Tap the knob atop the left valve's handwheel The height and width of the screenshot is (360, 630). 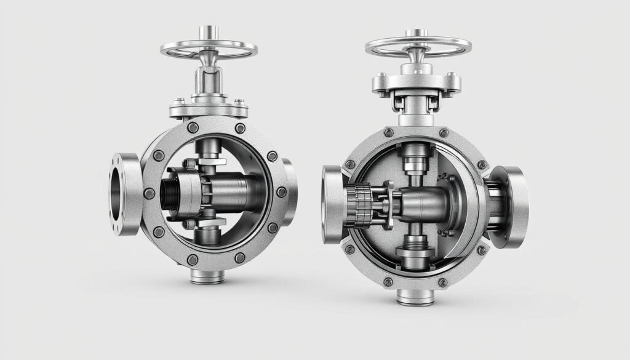[209, 31]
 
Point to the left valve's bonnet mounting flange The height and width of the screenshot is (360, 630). [209, 110]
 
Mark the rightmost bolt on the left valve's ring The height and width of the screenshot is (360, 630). [281, 193]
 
